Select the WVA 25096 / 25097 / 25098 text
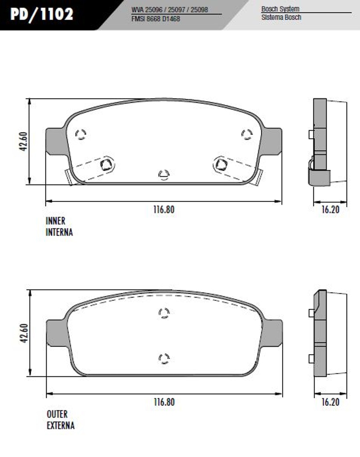(x=170, y=10)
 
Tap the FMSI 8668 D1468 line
(x=156, y=19)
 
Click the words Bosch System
(x=280, y=9)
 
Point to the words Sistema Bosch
(x=281, y=17)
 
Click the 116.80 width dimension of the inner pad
(x=164, y=210)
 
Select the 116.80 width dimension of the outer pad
(x=164, y=402)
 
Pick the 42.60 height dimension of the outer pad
(x=24, y=333)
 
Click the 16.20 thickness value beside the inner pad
(x=330, y=210)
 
